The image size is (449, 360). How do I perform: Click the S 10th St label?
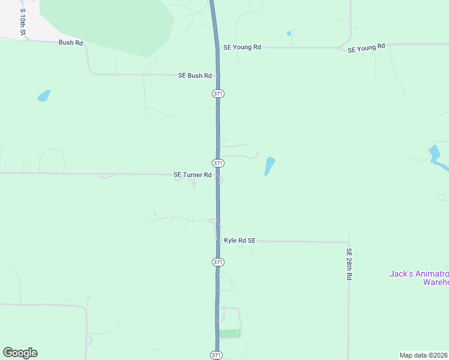22,21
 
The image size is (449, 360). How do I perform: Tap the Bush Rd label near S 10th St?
70,43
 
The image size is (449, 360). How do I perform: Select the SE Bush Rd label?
195,76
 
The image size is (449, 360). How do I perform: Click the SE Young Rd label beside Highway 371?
242,47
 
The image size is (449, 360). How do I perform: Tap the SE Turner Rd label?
192,175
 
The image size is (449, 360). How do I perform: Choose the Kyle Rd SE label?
240,241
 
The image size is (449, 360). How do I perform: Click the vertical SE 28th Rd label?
348,265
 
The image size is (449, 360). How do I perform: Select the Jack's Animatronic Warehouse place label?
419,278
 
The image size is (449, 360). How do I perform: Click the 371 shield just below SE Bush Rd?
217,94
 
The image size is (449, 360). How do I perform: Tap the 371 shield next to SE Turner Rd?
218,163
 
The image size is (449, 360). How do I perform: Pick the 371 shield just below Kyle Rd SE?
217,262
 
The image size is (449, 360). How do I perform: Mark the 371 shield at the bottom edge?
216,355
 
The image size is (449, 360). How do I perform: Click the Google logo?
20,353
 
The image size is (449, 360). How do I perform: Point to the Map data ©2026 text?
424,355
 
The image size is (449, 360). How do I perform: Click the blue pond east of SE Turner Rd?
270,166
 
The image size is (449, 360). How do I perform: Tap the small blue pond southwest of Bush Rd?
44,95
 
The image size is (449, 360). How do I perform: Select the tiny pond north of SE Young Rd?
289,34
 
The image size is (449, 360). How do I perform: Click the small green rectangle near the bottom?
229,334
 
